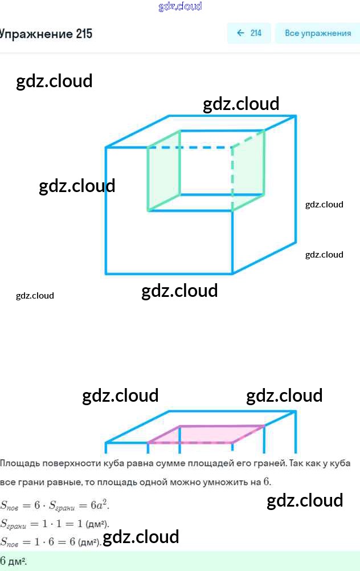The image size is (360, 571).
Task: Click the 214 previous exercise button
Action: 249,33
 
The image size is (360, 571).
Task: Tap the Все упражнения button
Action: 317,33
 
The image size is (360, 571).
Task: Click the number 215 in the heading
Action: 83,34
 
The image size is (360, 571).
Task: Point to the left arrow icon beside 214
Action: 240,33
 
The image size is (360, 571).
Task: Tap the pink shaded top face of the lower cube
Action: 206,434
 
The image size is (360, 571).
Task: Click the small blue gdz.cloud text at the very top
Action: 180,6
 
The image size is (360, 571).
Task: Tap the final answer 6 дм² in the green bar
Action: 14,561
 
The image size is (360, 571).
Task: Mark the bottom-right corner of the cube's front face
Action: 232,274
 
